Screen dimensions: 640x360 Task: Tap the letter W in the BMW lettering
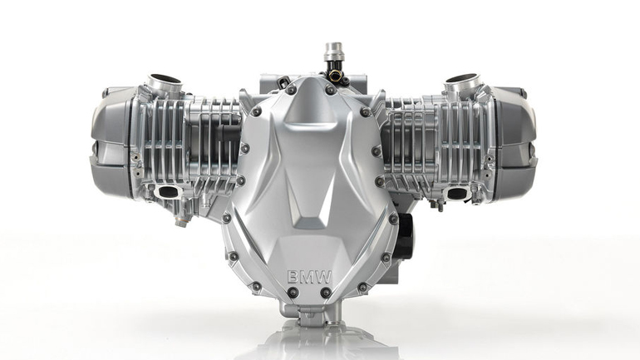[x=322, y=278]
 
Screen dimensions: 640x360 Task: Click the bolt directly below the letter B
[x=293, y=293]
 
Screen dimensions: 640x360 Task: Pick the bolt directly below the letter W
[x=326, y=293]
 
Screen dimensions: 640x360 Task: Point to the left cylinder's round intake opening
[x=164, y=79]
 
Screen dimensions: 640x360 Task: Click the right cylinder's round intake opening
[x=461, y=79]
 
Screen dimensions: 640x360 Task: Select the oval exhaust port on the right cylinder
[x=456, y=192]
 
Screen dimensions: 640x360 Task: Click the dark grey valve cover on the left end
[x=112, y=142]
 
